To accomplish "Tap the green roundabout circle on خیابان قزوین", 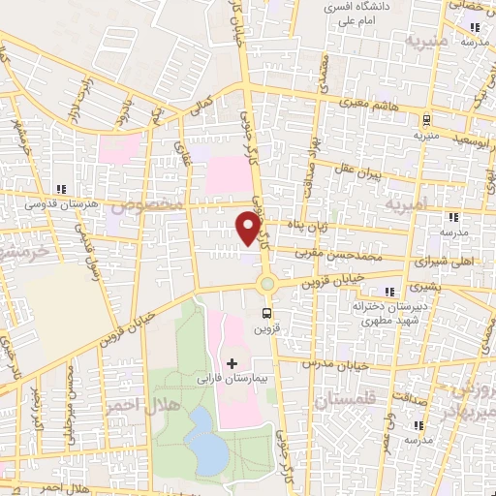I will click(266, 284).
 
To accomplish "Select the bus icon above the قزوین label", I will click(265, 313).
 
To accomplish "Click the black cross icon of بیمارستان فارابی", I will click(231, 362).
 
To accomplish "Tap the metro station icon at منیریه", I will click(425, 120).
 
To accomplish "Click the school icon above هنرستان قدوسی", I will click(61, 189).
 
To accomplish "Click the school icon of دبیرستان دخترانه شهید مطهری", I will click(389, 291).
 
